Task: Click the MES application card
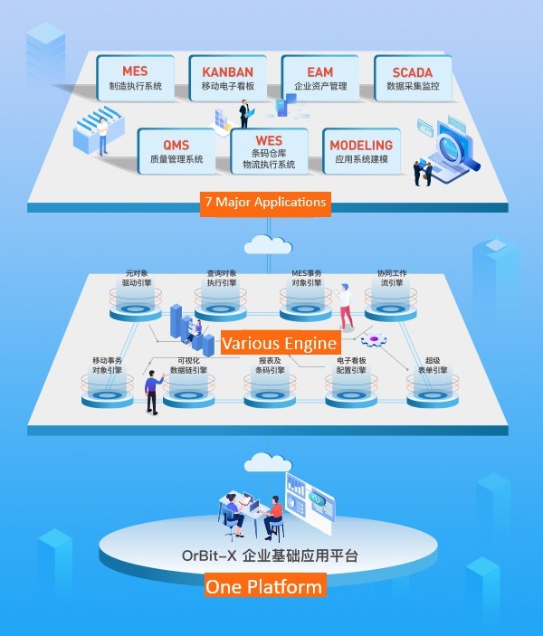coord(135,79)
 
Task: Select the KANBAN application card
coord(227,79)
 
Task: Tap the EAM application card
coord(319,79)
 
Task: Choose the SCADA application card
coord(412,79)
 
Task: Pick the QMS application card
coord(176,151)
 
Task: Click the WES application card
coord(269,151)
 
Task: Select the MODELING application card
coord(361,151)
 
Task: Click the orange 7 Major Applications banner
coord(266,202)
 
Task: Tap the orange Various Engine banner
coord(280,344)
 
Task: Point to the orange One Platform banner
coord(263,586)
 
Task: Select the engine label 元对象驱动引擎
coord(136,277)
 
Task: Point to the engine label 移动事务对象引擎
coord(107,365)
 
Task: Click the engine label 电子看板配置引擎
coord(350,365)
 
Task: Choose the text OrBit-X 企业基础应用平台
coord(271,555)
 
